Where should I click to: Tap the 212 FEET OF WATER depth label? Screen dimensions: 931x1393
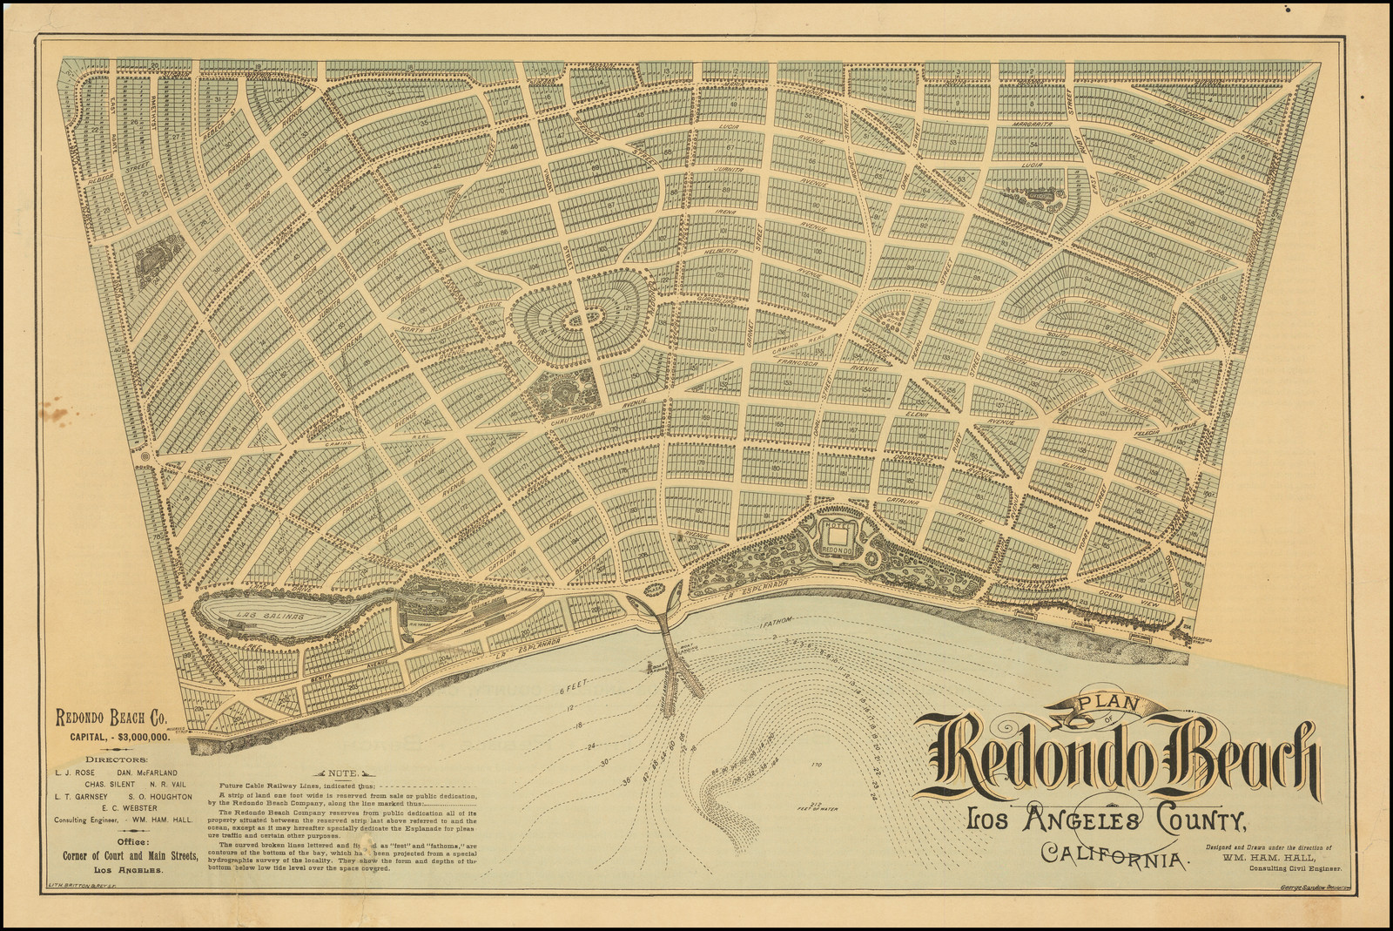(816, 807)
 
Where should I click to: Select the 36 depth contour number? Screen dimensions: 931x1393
(626, 780)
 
